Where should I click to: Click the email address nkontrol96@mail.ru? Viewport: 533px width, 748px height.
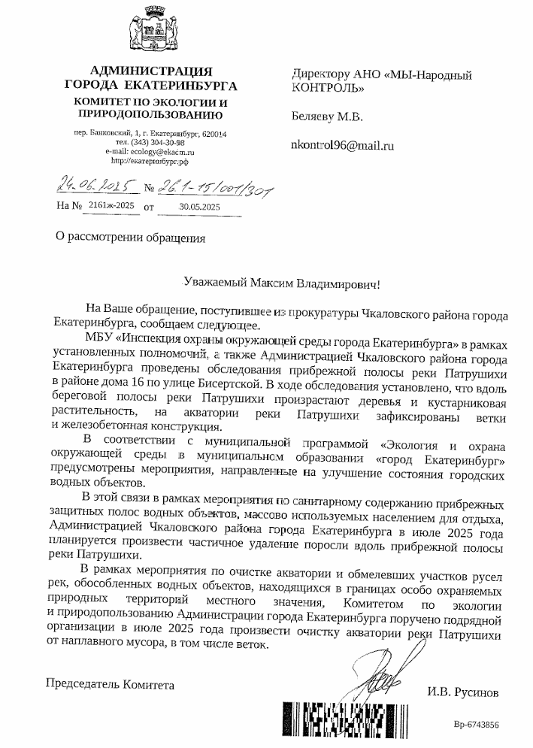(342, 147)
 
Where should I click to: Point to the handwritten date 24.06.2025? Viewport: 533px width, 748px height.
(90, 184)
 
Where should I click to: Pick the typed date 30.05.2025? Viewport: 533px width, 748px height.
(200, 204)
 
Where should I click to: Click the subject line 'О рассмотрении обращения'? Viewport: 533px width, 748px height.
(126, 238)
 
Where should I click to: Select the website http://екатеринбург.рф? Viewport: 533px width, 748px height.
(150, 160)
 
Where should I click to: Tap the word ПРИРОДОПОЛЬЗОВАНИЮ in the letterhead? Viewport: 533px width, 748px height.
(150, 115)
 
